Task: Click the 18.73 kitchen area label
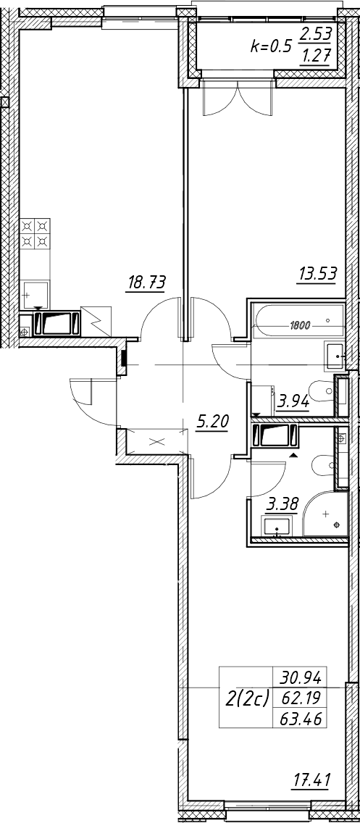(146, 283)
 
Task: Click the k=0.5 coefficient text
(270, 46)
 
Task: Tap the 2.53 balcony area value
(315, 35)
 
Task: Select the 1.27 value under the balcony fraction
(315, 55)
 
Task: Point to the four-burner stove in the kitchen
(35, 234)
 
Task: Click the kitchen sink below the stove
(35, 295)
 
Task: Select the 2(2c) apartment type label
(247, 698)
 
